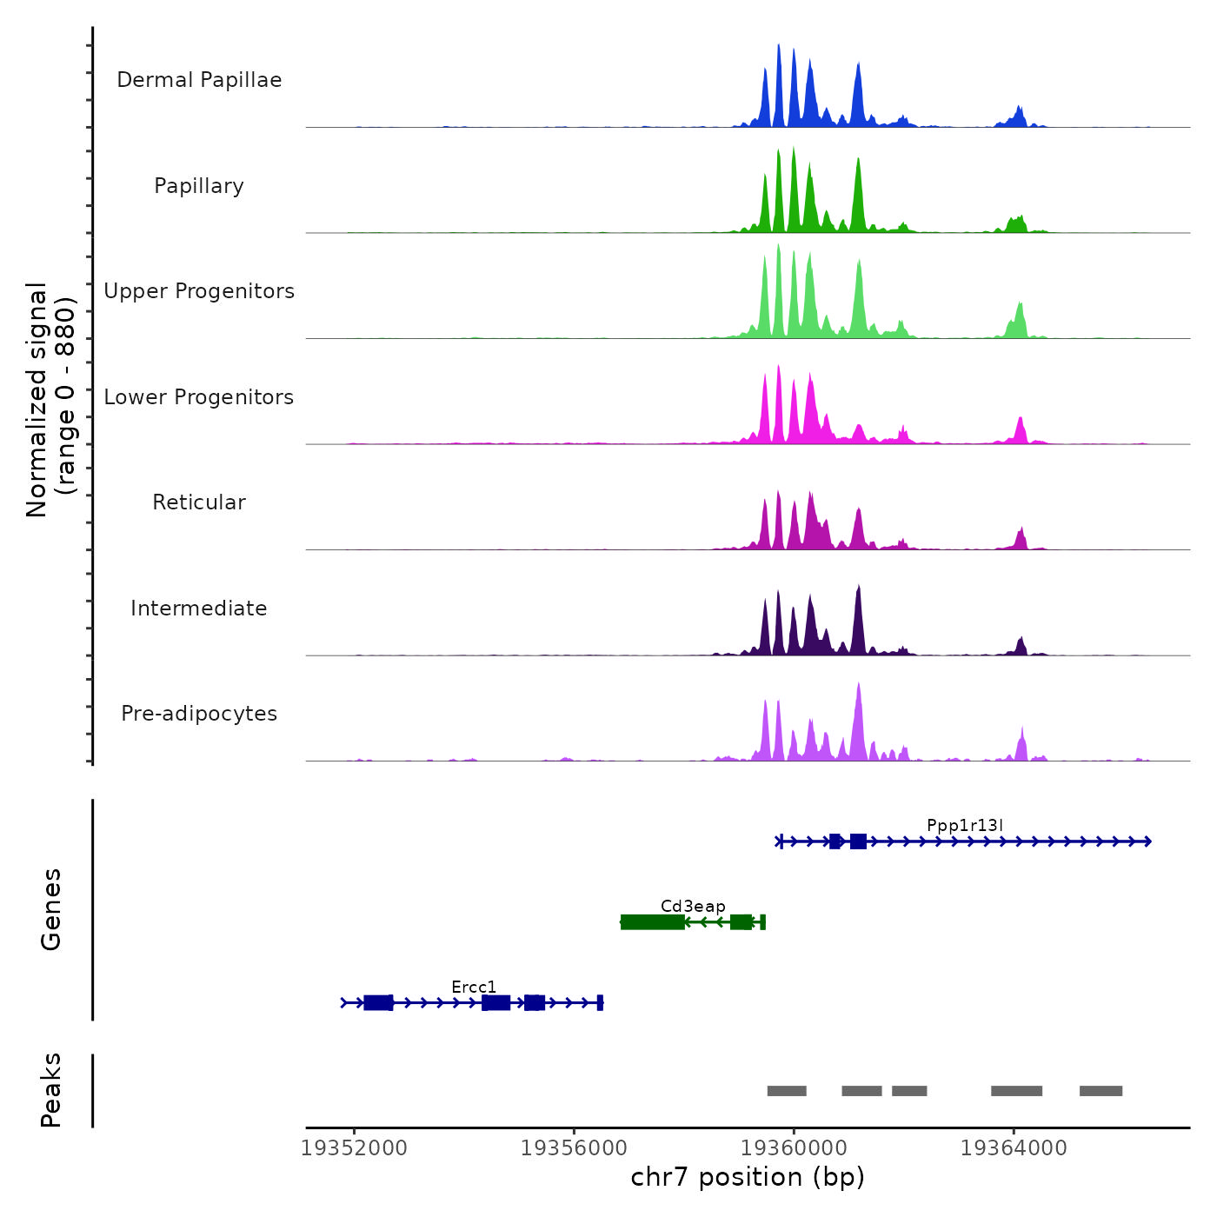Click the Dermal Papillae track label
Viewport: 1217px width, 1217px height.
click(199, 80)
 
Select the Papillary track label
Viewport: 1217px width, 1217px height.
click(199, 186)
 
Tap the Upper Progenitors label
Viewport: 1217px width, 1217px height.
click(199, 291)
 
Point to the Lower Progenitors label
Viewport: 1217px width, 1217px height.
click(199, 397)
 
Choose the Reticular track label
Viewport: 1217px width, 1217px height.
click(199, 502)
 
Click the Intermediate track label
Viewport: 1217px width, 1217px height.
click(199, 608)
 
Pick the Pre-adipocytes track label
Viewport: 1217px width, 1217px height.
click(199, 714)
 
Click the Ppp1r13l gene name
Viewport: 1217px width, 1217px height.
click(965, 825)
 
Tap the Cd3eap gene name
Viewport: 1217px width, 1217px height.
click(693, 906)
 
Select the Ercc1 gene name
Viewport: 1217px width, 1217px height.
click(474, 987)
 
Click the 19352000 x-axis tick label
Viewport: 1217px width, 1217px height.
click(354, 1148)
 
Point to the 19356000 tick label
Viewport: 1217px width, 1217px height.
click(574, 1148)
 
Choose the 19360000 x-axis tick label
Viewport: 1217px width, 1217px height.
click(794, 1148)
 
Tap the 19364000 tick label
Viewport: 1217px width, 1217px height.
click(1014, 1148)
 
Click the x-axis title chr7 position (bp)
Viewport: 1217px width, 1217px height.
click(748, 1177)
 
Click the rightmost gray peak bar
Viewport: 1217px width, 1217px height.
click(1101, 1091)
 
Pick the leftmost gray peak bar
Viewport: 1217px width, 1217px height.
click(787, 1091)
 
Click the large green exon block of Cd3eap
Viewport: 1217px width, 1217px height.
click(652, 922)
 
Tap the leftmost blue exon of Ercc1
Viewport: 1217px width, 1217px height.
click(378, 1003)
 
